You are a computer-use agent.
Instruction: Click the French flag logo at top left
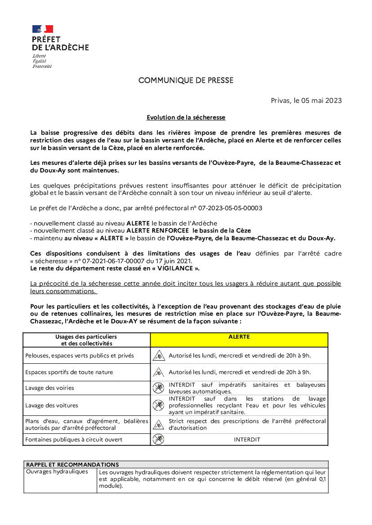point(43,29)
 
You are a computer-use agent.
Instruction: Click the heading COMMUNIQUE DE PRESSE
point(186,81)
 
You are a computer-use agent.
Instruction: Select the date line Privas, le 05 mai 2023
point(306,101)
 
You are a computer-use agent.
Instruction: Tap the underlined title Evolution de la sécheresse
point(186,118)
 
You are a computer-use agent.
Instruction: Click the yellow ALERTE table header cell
point(239,337)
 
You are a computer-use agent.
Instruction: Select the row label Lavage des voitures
point(52,406)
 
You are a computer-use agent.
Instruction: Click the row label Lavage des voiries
point(50,388)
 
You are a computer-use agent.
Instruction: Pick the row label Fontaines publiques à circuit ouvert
point(74,440)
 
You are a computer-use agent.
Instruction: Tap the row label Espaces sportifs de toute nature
point(69,372)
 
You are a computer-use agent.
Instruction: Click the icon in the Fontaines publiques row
point(158,440)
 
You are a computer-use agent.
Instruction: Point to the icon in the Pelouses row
point(158,356)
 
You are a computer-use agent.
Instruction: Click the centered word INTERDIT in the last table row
point(247,440)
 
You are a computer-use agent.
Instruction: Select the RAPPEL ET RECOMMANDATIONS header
point(72,465)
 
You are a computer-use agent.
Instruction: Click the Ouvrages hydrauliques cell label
point(57,472)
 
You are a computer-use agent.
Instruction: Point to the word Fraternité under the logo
point(42,66)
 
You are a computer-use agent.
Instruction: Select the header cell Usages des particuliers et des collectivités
point(86,340)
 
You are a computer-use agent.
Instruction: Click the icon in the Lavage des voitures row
point(158,406)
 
